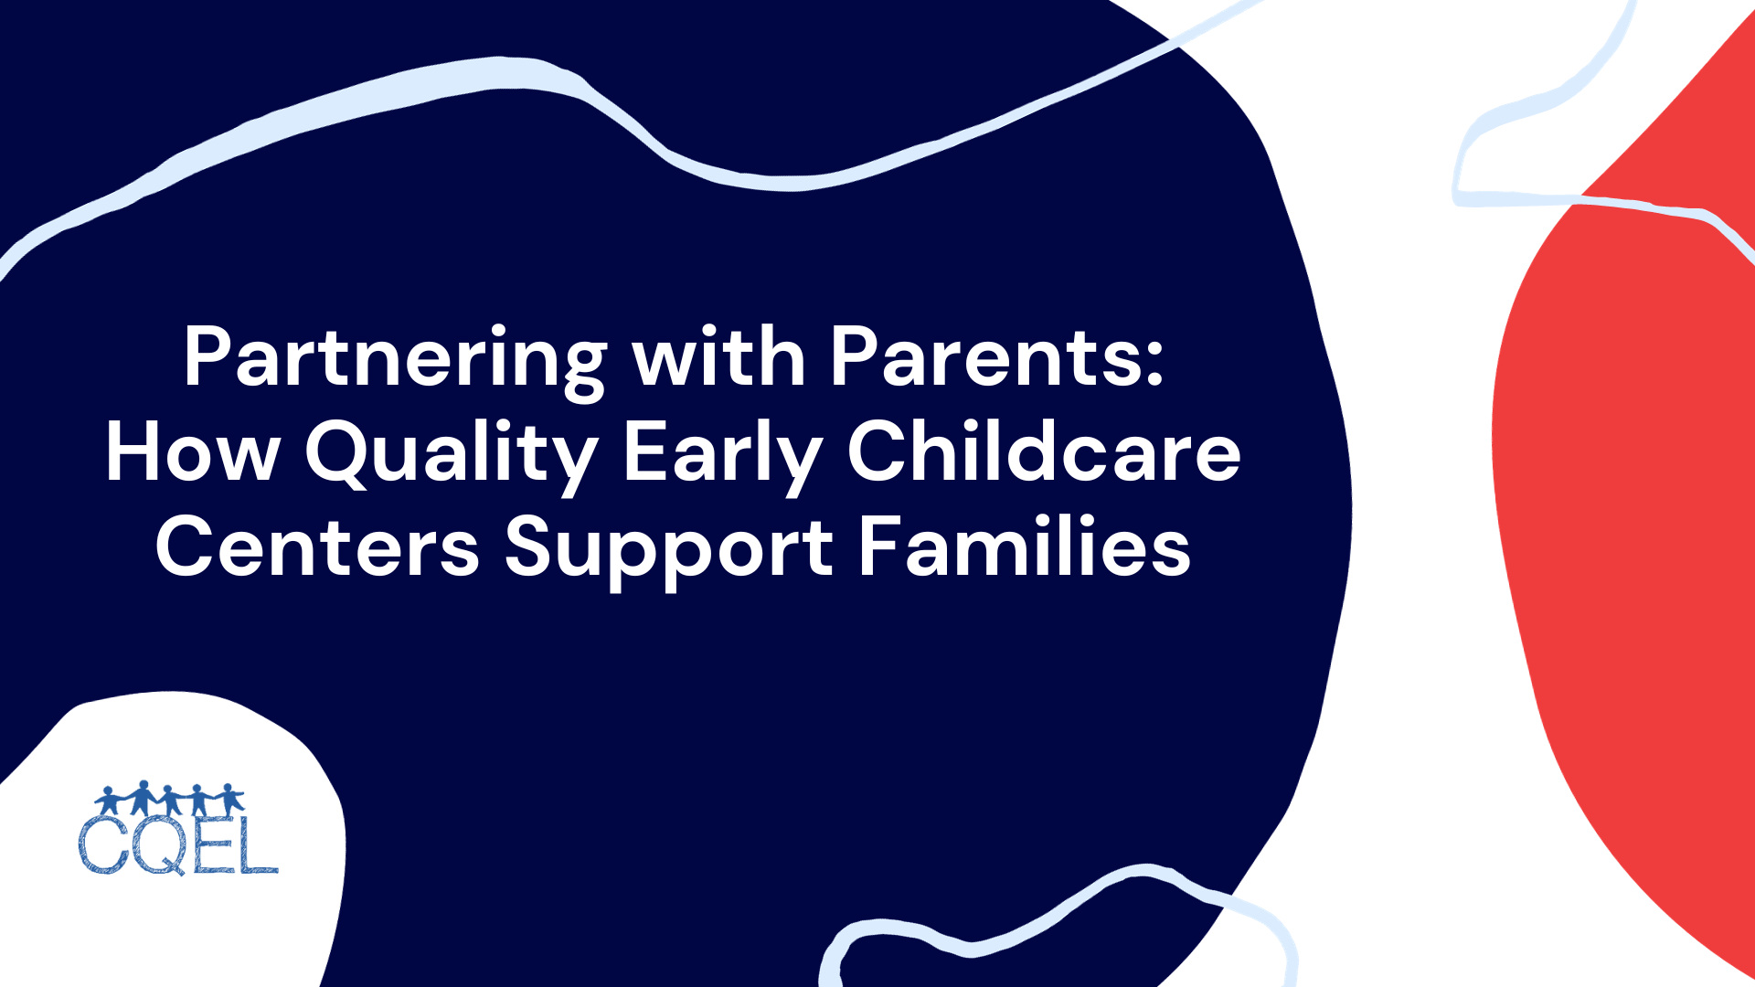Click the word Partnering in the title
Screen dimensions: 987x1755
(x=394, y=358)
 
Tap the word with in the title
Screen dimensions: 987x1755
(x=718, y=358)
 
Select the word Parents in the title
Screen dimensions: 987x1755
(x=984, y=358)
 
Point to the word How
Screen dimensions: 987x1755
(x=192, y=453)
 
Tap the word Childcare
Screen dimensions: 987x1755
(x=1044, y=453)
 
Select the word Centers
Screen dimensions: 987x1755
(x=317, y=548)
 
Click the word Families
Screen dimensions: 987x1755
(x=1025, y=548)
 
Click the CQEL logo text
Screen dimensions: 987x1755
(x=178, y=844)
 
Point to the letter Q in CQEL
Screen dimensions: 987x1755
(x=157, y=846)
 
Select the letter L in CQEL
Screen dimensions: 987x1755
(x=258, y=844)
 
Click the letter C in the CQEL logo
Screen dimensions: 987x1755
(x=102, y=844)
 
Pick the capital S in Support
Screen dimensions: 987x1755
(x=529, y=547)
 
